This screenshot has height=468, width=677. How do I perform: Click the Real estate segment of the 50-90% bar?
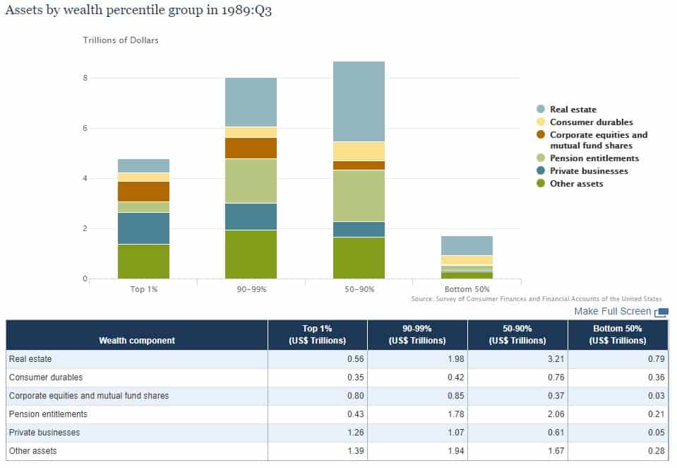pos(359,101)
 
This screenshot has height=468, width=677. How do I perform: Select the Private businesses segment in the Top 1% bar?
pos(143,228)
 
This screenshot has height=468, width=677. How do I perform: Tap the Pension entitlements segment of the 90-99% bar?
pos(251,180)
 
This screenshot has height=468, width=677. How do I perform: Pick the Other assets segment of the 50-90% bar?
pos(359,257)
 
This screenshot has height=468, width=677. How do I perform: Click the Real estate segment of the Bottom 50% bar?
pos(467,245)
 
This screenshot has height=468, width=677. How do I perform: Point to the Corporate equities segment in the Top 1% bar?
pos(143,192)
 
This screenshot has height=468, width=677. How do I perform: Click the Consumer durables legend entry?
pos(591,122)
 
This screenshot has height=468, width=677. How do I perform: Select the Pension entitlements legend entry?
pos(594,158)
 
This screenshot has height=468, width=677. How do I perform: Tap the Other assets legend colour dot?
pos(541,184)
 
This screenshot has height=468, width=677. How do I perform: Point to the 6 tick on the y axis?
pos(85,128)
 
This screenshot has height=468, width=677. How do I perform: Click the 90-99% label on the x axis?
pos(251,289)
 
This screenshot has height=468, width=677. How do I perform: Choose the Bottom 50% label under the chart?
pos(467,289)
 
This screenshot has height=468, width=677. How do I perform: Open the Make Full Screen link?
pos(612,311)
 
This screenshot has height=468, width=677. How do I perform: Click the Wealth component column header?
pos(137,340)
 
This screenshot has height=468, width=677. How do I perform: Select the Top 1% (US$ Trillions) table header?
pos(317,334)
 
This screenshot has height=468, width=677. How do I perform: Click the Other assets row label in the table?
pos(32,450)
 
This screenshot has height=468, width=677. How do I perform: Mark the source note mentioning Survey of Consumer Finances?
pos(537,299)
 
